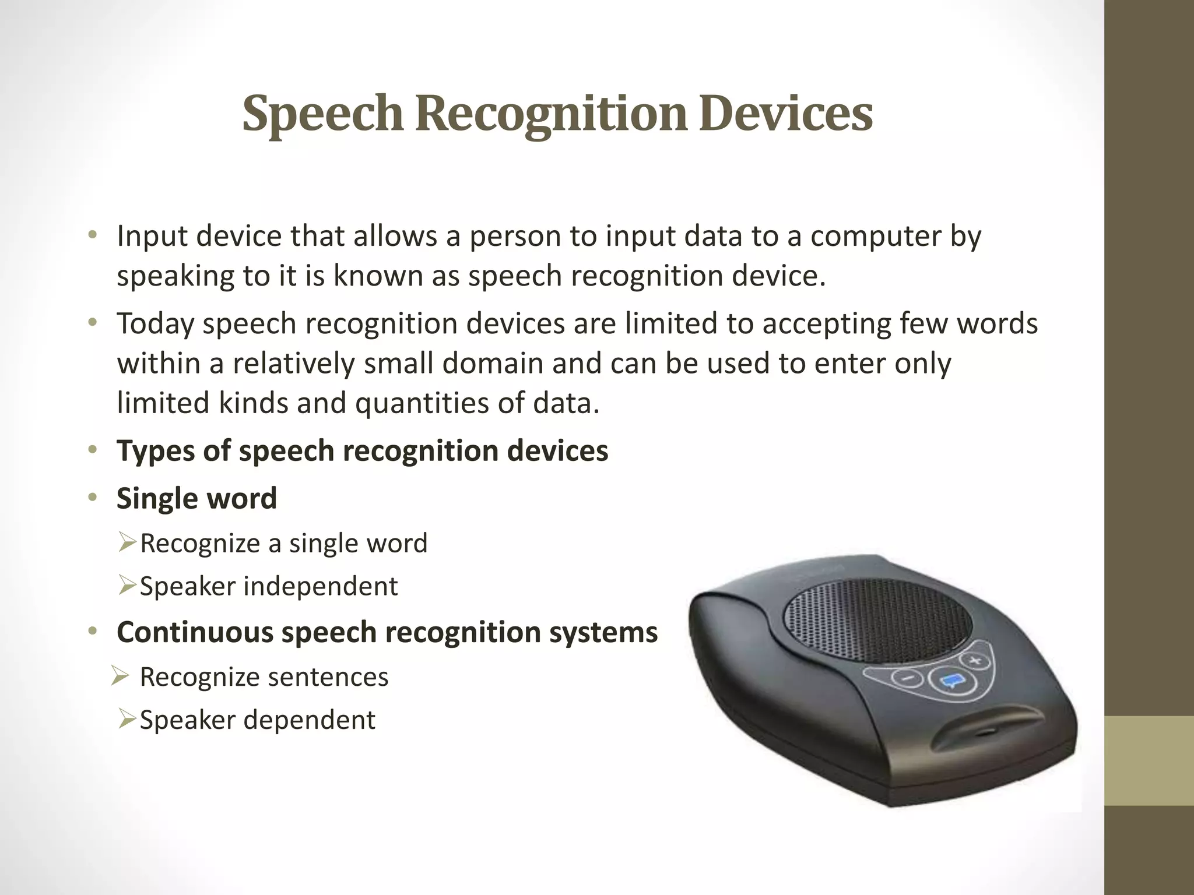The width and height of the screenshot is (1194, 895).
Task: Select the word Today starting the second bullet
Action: click(x=155, y=324)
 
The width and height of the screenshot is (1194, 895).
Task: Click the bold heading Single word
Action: click(x=196, y=499)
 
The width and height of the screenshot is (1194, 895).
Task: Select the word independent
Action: click(x=320, y=586)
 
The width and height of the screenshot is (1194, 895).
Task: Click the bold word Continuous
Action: click(x=194, y=632)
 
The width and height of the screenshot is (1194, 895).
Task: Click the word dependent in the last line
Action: click(x=309, y=720)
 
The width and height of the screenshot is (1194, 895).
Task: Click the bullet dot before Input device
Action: click(x=92, y=236)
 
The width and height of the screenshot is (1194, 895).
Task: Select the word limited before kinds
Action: click(x=163, y=403)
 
